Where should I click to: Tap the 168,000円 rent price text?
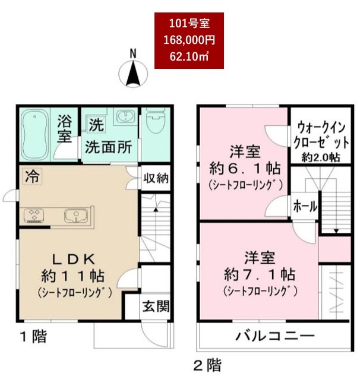click(189, 40)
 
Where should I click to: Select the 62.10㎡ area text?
click(189, 57)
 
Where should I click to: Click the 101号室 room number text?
click(189, 24)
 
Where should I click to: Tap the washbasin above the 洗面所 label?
click(125, 119)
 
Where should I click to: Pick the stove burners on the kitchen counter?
click(33, 215)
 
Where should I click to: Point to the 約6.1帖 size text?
click(244, 167)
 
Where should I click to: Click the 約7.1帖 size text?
click(260, 275)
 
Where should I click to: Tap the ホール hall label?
click(305, 206)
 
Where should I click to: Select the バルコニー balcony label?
click(274, 336)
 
